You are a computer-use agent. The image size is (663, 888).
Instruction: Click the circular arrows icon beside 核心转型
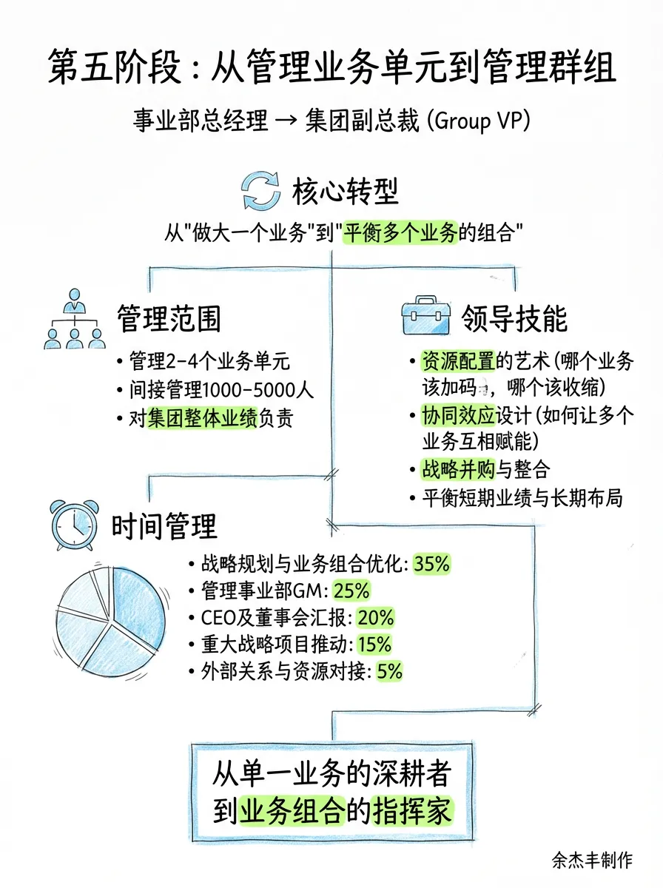pyautogui.click(x=262, y=191)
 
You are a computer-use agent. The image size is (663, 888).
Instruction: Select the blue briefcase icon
pyautogui.click(x=424, y=317)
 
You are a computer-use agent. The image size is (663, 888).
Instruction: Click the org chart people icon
pyautogui.click(x=74, y=320)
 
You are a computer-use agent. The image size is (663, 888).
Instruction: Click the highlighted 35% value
pyautogui.click(x=432, y=564)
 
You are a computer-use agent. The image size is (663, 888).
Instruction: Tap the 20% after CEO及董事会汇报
pyautogui.click(x=376, y=618)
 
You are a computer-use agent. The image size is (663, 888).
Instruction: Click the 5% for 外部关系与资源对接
pyautogui.click(x=389, y=671)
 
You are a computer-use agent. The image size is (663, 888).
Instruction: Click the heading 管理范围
pyautogui.click(x=169, y=319)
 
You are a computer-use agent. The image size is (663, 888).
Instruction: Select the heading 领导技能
pyautogui.click(x=514, y=319)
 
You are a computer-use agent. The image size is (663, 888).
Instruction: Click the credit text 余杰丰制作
pyautogui.click(x=592, y=860)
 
